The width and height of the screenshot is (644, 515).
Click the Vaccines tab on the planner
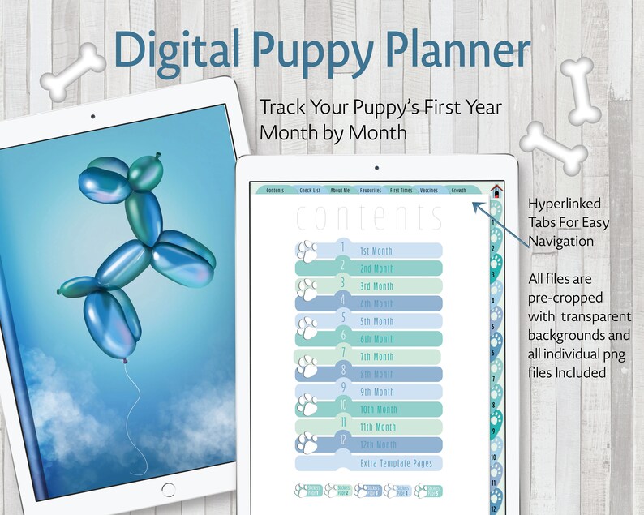(x=429, y=190)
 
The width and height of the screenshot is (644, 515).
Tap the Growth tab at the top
(x=458, y=190)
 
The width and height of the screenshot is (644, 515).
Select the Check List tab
(x=310, y=190)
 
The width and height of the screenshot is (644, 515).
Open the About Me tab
(x=340, y=190)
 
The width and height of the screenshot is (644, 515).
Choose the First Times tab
(x=401, y=190)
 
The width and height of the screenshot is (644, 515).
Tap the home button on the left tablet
(x=168, y=489)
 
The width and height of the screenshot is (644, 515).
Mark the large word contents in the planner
(x=370, y=219)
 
